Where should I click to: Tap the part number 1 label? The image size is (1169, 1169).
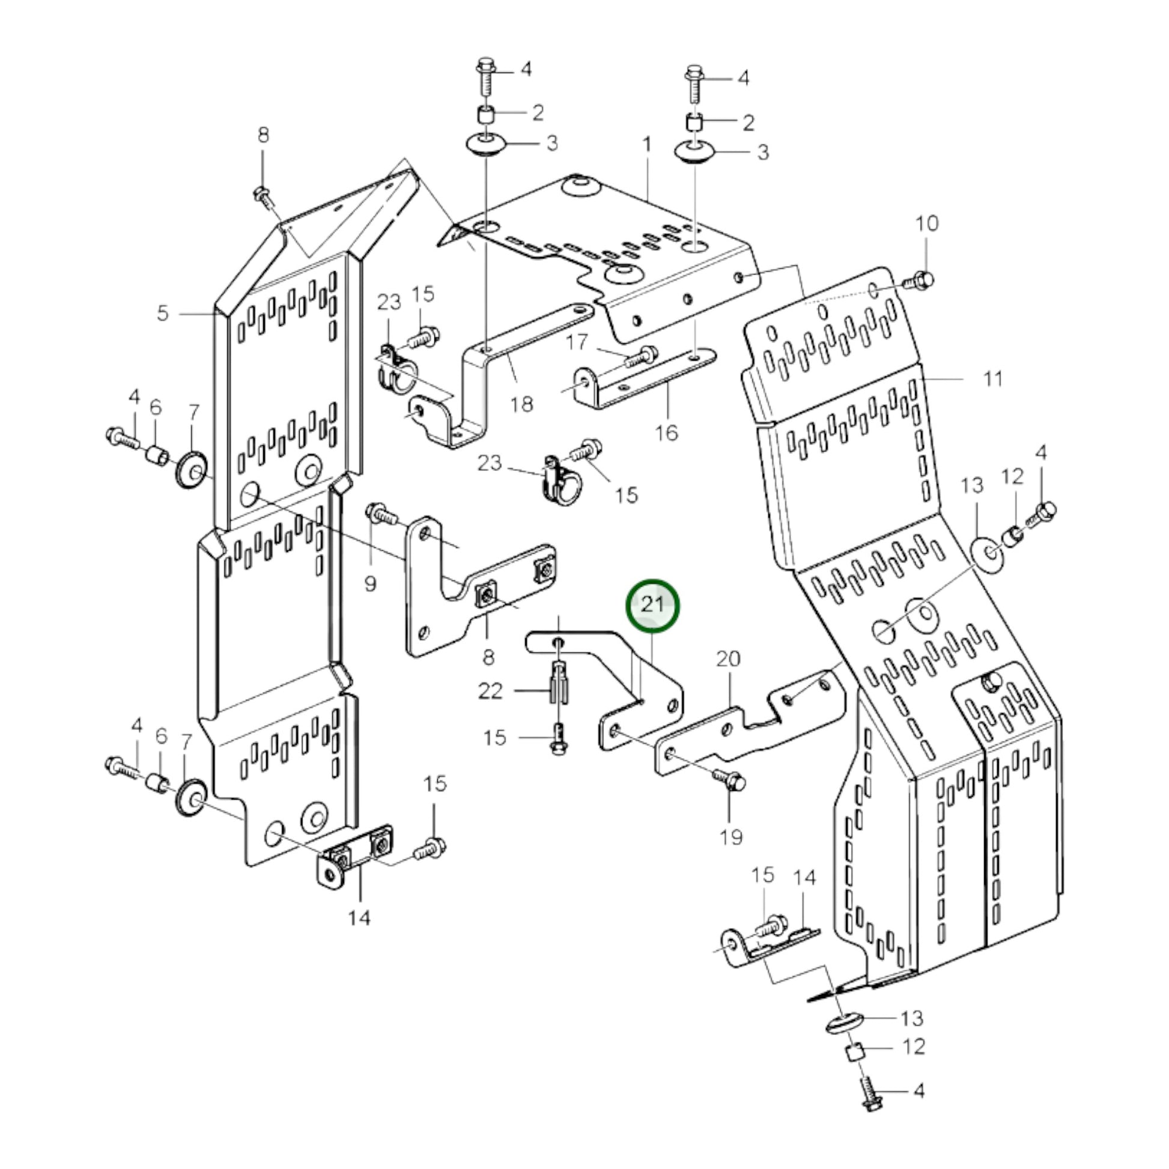pos(647,145)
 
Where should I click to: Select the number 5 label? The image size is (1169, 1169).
pos(162,314)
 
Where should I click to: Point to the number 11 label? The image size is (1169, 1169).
pos(994,379)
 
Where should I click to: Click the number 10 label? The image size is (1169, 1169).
pos(926,223)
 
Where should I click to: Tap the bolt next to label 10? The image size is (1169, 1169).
pos(919,281)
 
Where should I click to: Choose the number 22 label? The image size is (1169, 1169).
pos(490,690)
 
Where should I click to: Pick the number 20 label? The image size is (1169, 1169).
pos(728,658)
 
